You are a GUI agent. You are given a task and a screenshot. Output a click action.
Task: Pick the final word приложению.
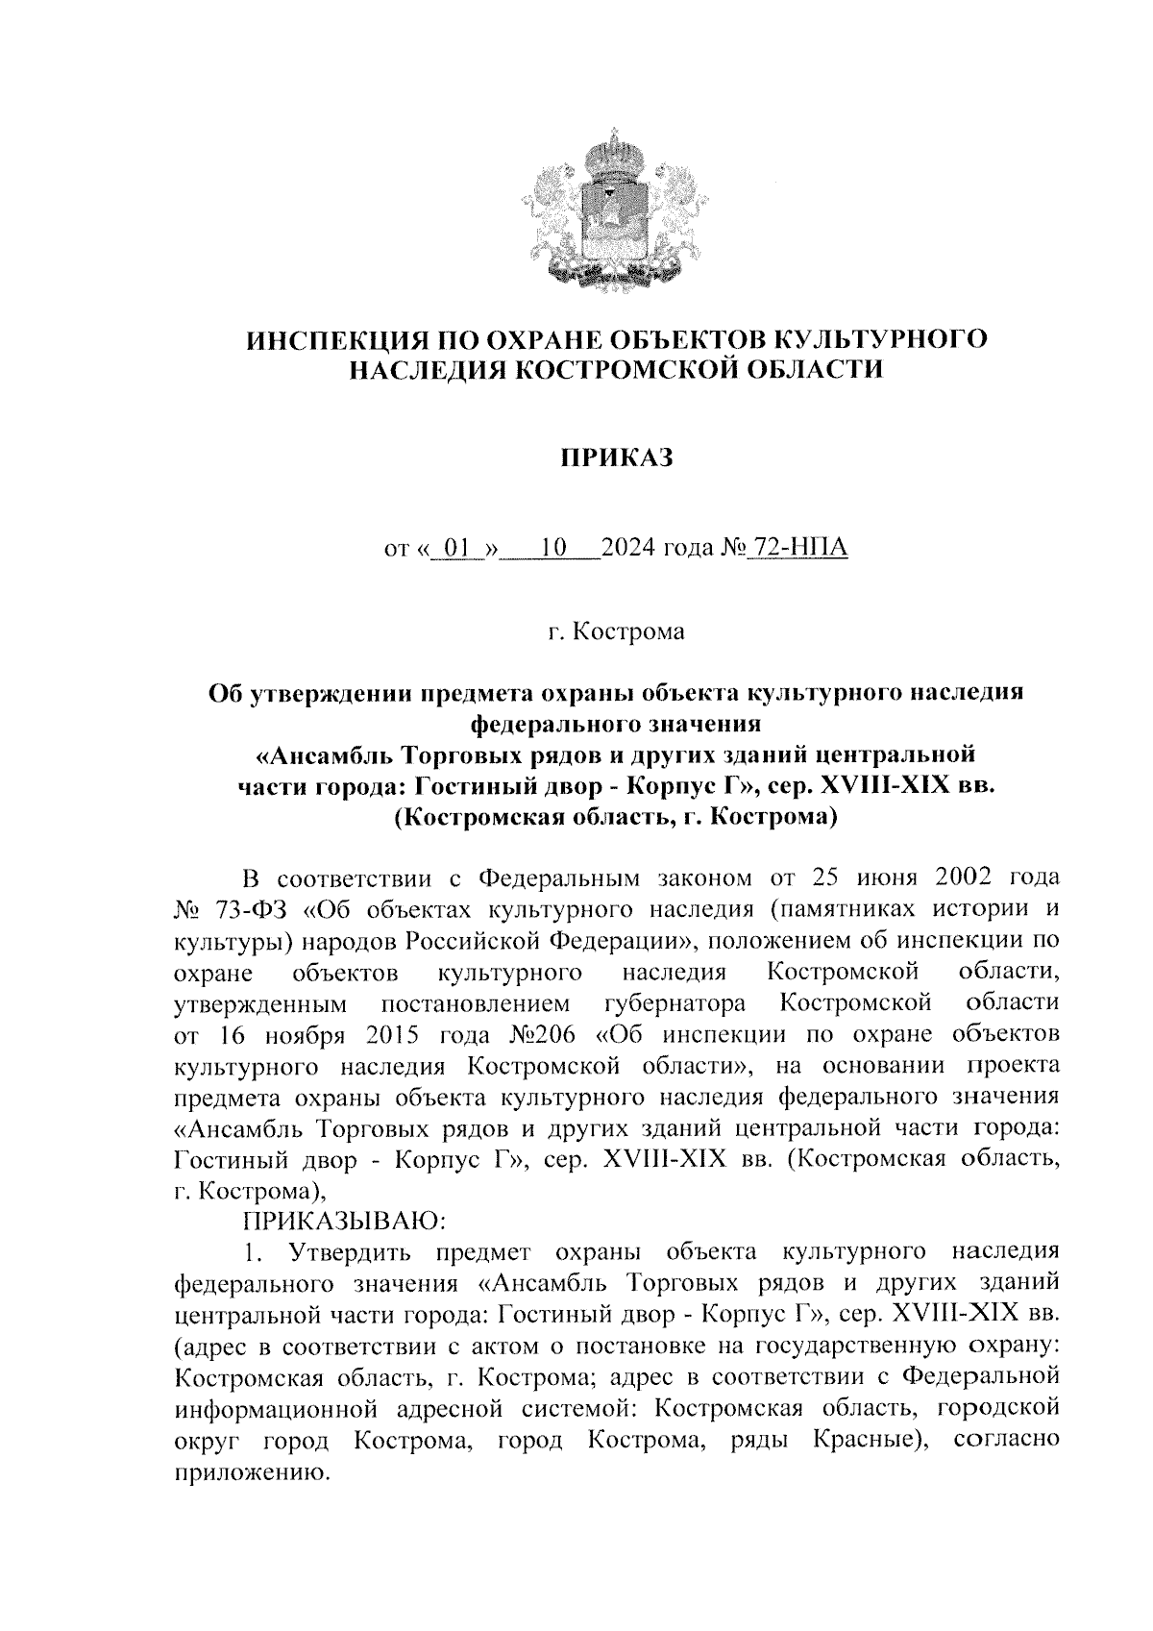click(251, 1472)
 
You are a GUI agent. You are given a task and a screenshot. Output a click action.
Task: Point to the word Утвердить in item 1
click(342, 1252)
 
